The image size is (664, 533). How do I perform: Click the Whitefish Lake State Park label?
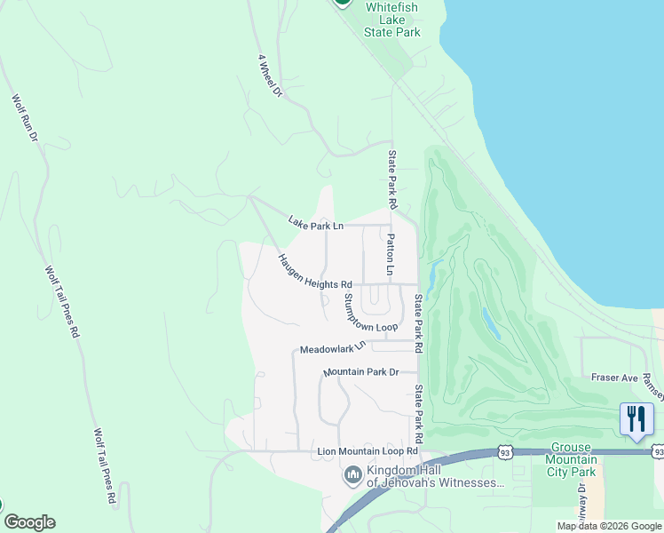pos(391,19)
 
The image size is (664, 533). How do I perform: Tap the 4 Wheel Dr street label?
pos(270,76)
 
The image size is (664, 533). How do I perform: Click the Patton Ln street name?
pos(390,253)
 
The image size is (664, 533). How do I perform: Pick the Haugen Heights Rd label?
pos(314,272)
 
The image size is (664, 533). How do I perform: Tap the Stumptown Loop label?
pos(370,314)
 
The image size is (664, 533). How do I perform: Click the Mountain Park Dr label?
pos(361,371)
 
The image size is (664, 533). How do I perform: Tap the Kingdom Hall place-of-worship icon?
pos(352,476)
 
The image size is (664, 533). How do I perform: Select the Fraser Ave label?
pos(615,378)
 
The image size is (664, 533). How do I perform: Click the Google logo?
pos(29,522)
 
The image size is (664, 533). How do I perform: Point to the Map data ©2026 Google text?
pos(608,526)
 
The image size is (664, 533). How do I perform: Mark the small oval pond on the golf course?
pos(487,318)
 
